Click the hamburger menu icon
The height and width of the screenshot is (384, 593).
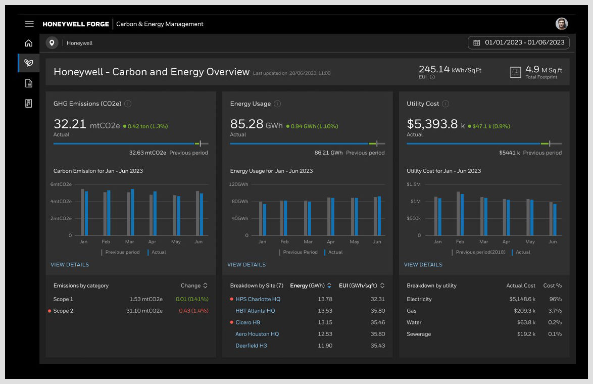click(x=29, y=24)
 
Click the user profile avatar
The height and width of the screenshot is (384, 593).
click(x=562, y=24)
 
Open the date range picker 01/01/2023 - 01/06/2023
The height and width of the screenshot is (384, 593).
click(x=519, y=43)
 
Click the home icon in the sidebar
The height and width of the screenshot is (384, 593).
click(x=29, y=43)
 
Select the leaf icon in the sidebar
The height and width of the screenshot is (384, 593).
click(x=29, y=63)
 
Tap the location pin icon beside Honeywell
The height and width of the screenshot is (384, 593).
click(x=52, y=43)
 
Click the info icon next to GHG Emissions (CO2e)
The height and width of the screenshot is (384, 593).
click(x=128, y=104)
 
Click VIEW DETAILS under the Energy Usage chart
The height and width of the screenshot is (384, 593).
click(x=246, y=265)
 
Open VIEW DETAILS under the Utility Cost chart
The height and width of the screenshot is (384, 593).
click(x=423, y=265)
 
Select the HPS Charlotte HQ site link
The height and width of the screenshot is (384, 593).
click(x=258, y=299)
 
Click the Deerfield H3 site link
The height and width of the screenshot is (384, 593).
click(x=251, y=346)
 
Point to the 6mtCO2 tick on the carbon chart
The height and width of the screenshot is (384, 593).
click(x=61, y=184)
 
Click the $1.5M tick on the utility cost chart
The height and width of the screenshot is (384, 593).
click(x=414, y=184)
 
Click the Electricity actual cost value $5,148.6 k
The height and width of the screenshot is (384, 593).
click(x=522, y=299)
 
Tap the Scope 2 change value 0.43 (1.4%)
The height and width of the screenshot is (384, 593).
click(x=193, y=311)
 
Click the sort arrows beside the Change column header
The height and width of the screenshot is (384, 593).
click(x=206, y=285)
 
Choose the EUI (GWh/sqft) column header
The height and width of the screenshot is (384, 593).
click(x=359, y=285)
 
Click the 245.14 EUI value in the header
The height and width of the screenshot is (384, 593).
click(x=434, y=69)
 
